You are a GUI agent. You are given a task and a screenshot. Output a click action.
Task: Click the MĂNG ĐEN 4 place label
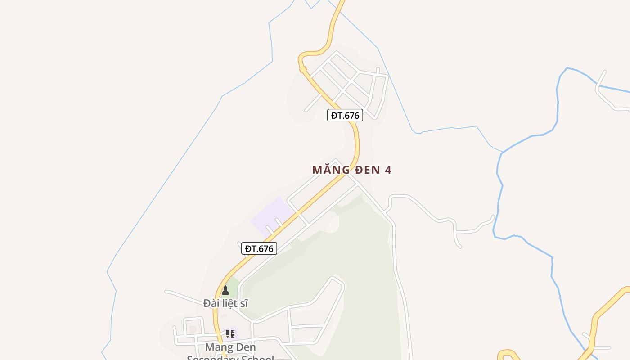tap(351, 170)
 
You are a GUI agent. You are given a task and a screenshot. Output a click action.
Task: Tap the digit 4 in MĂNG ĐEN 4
tap(388, 170)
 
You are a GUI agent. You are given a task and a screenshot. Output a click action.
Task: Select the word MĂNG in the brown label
tap(331, 170)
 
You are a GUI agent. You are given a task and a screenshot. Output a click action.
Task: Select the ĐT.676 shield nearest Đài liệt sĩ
tap(259, 248)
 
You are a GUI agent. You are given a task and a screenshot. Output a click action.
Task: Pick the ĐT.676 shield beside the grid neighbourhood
tap(345, 115)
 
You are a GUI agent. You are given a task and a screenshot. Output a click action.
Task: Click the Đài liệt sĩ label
tap(225, 303)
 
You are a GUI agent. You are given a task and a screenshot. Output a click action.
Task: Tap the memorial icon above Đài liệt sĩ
tap(225, 291)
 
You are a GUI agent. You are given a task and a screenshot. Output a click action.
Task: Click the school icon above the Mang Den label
tap(230, 334)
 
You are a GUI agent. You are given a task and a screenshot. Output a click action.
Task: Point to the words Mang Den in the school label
tap(230, 347)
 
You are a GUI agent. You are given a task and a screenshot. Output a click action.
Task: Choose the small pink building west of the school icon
tap(193, 329)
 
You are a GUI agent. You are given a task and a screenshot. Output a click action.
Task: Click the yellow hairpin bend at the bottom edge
tap(508, 354)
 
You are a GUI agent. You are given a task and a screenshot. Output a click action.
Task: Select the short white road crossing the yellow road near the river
tap(596, 346)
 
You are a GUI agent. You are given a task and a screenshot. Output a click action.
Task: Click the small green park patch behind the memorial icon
tap(232, 284)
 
